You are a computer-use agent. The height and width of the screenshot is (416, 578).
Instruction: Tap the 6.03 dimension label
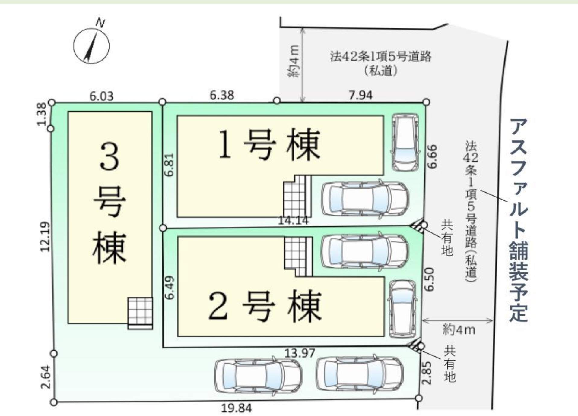102,96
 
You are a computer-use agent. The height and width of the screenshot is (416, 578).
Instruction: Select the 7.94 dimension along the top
360,95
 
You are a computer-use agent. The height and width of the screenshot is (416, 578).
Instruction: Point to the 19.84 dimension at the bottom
237,408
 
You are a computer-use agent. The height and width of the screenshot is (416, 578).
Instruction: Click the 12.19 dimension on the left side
45,237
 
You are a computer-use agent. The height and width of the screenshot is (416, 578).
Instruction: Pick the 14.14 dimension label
293,220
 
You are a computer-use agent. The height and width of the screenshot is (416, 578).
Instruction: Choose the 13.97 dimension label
300,353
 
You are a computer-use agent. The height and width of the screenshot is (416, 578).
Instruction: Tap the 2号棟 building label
265,306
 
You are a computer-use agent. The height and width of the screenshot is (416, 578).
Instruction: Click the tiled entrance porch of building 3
140,313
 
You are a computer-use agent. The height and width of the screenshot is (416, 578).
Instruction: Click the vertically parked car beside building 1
405,142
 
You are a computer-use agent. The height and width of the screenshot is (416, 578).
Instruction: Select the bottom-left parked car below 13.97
258,376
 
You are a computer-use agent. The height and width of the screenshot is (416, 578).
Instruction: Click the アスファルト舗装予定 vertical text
519,220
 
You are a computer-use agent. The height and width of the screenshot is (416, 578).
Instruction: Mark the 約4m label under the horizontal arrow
459,330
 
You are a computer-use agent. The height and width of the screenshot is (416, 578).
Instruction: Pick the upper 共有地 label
447,238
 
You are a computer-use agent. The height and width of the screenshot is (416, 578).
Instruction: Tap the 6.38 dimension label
222,95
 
